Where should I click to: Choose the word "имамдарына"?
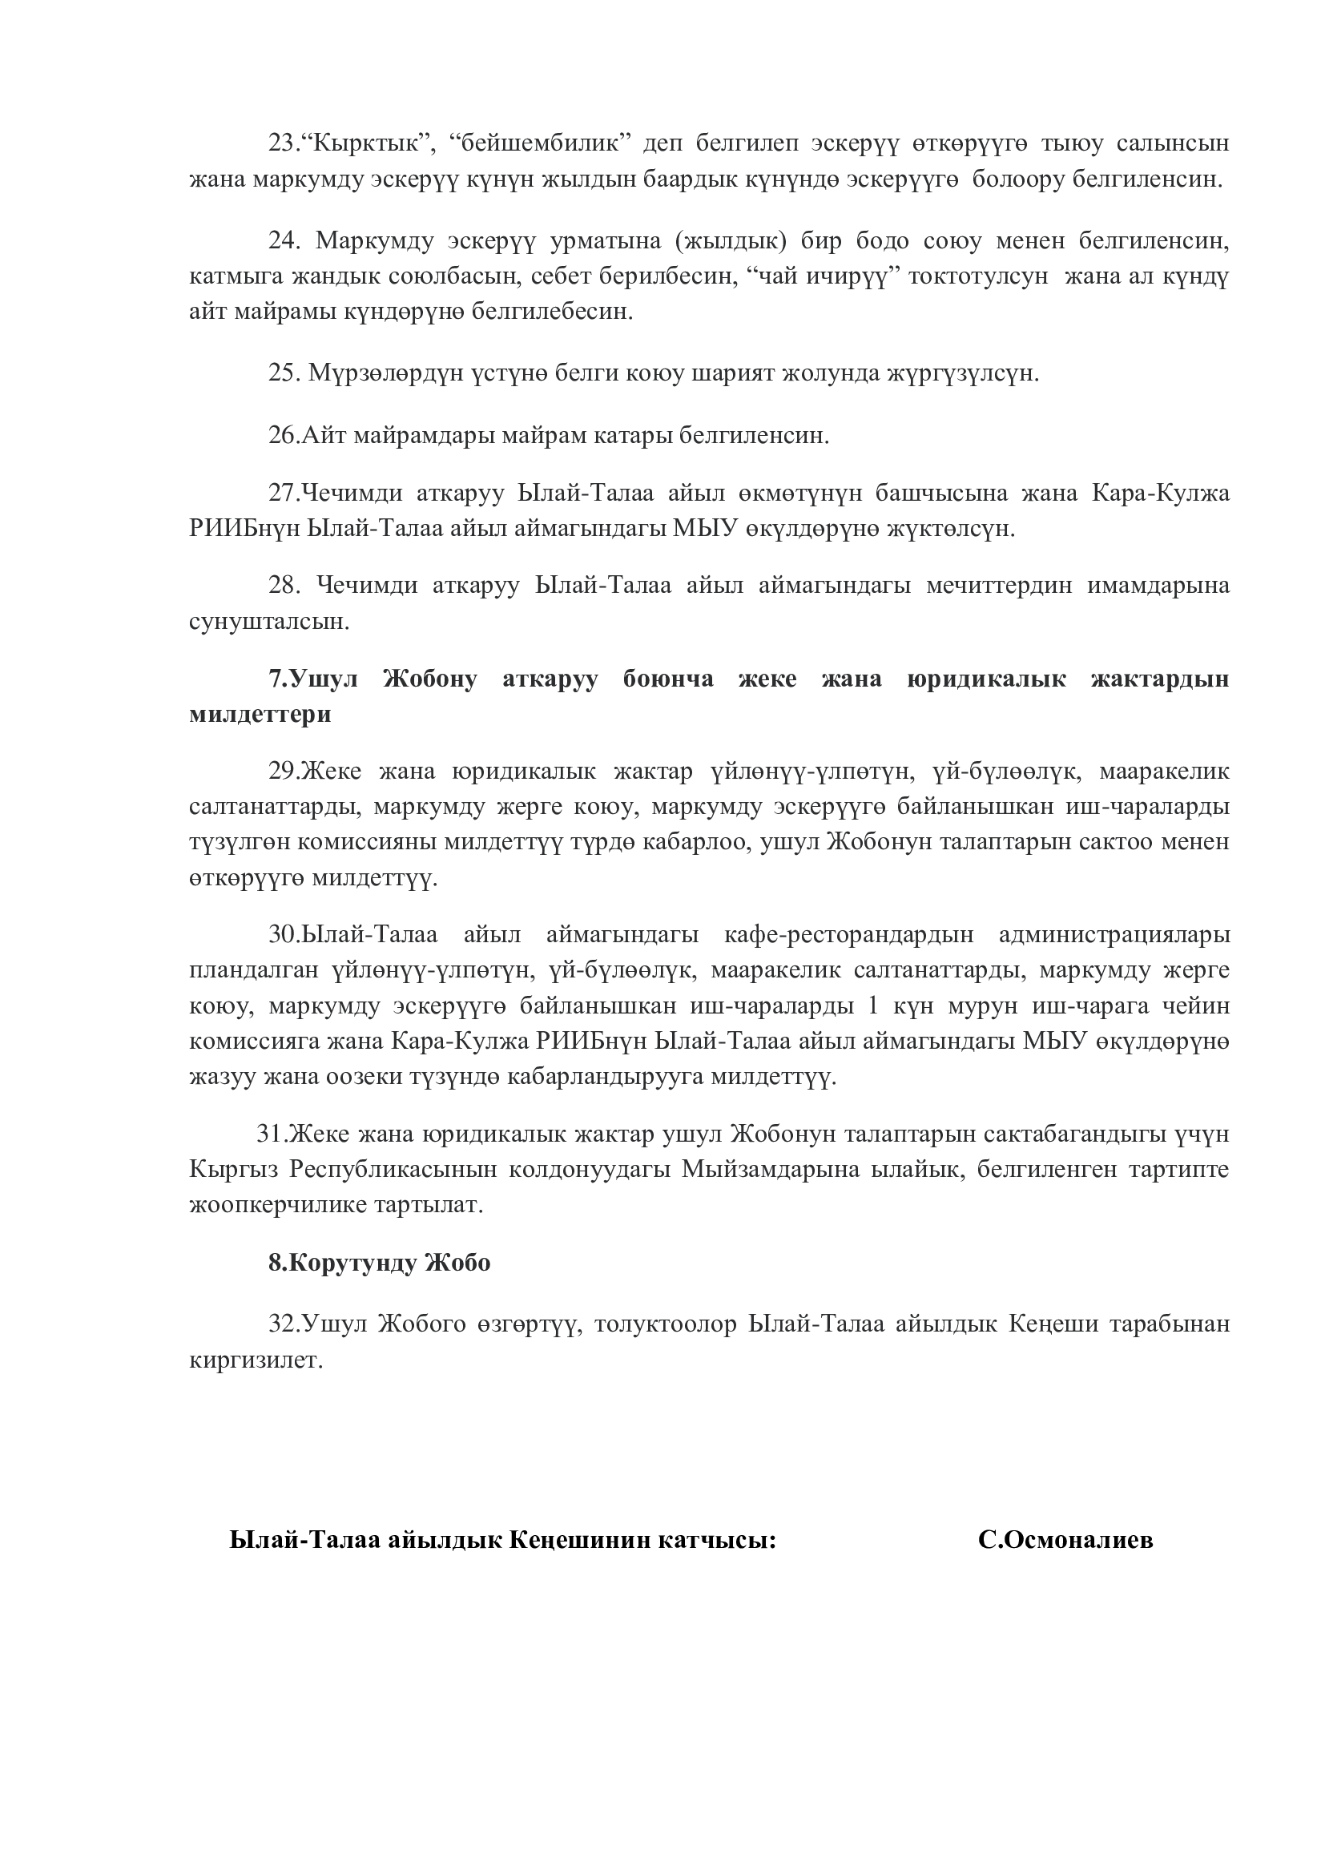1158,585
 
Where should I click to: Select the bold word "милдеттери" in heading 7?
260,714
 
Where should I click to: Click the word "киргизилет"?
256,1360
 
